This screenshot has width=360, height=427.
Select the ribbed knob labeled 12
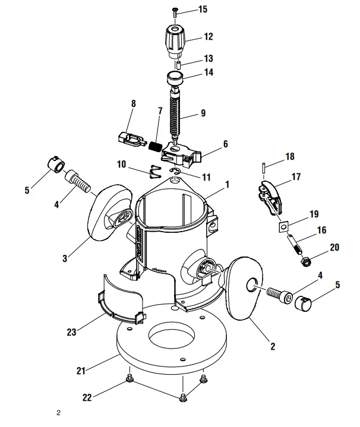tap(174, 40)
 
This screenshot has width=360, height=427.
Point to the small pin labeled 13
tap(178, 61)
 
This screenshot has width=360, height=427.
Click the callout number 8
tap(133, 103)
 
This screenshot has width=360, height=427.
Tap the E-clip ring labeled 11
tap(174, 172)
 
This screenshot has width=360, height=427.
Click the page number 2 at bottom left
tap(58, 413)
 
